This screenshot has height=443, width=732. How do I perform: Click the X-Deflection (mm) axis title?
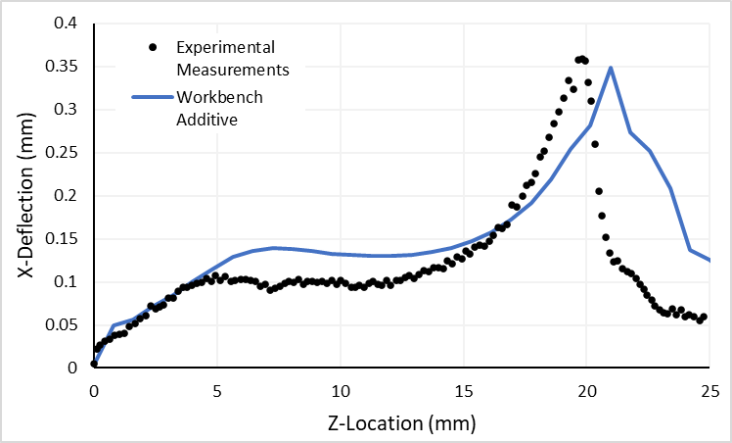[x=26, y=196]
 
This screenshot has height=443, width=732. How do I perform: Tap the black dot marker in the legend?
[x=150, y=46]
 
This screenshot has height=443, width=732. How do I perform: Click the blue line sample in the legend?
[x=150, y=97]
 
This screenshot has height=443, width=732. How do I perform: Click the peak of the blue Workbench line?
[x=611, y=68]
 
